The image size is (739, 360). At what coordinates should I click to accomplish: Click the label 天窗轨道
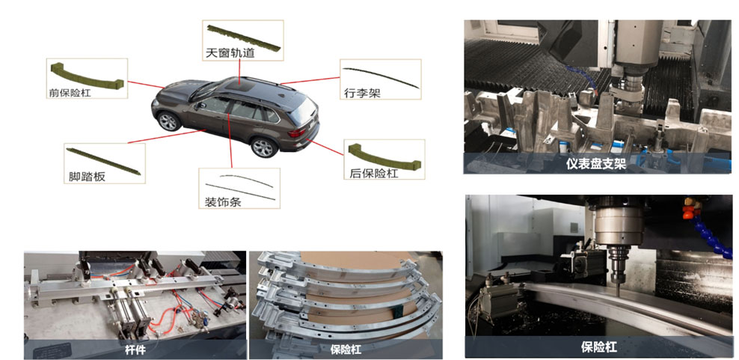tap(230, 52)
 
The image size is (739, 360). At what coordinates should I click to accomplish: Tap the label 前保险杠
tap(70, 92)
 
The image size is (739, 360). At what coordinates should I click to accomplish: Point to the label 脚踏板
tap(84, 177)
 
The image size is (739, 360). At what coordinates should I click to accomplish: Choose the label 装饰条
tap(222, 202)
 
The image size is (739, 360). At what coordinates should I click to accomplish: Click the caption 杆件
tap(135, 350)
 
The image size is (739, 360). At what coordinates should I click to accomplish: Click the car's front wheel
tap(169, 121)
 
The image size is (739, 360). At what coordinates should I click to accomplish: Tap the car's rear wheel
tap(263, 147)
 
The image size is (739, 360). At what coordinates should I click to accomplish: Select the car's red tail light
tap(296, 132)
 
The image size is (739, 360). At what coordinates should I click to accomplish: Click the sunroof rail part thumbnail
tap(243, 37)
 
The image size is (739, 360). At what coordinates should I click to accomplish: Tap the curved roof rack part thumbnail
tap(381, 76)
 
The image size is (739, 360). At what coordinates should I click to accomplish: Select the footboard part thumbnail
tap(103, 162)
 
